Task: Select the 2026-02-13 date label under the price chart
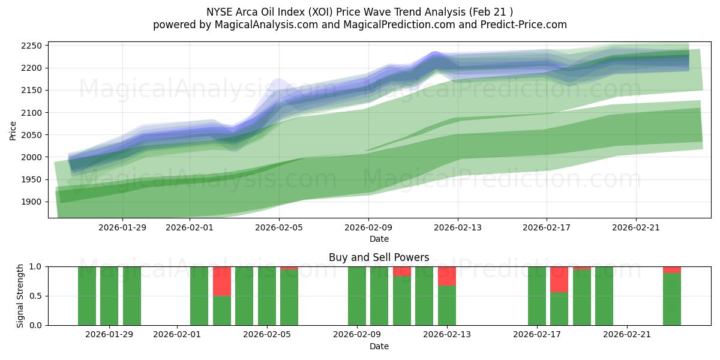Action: coord(457,227)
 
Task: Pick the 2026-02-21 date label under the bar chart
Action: coord(626,335)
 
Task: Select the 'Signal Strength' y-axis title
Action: coord(20,296)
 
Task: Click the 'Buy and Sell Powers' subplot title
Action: coord(379,257)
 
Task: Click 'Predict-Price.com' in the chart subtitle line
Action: coord(520,25)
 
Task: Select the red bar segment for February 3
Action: coord(222,281)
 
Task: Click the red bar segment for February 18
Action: coord(559,280)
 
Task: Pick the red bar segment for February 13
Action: coord(447,276)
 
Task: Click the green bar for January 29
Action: coord(109,296)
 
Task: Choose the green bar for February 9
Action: coord(357,296)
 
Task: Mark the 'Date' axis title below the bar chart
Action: coord(379,346)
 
